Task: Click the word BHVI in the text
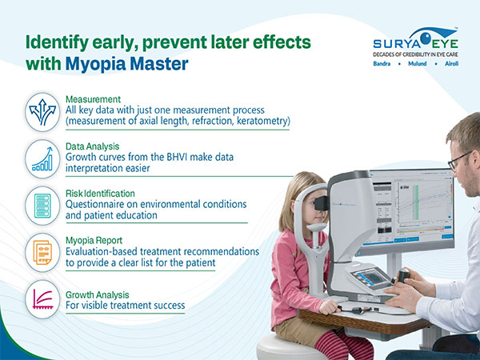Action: (x=186, y=158)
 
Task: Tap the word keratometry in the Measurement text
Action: (x=261, y=121)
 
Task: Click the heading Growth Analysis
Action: (x=98, y=293)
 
